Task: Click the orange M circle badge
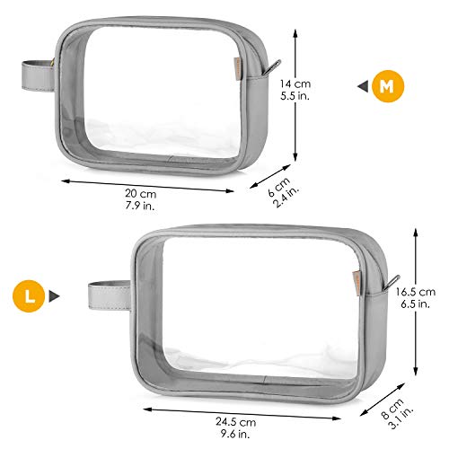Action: (388, 86)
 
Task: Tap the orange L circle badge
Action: (29, 296)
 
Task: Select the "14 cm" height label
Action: (295, 84)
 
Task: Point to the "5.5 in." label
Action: (295, 96)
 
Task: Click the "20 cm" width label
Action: (140, 194)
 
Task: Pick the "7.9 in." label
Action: (140, 206)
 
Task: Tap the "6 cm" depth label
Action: (278, 187)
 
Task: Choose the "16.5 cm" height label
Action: (416, 292)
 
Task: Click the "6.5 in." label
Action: (416, 304)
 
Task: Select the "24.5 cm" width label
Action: (236, 422)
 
